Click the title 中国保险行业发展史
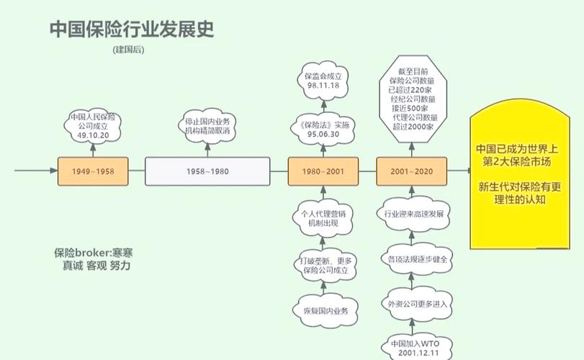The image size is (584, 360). (x=131, y=30)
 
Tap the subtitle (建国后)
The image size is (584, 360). (x=130, y=50)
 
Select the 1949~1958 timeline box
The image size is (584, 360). (x=93, y=171)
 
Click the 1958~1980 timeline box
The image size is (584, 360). (x=207, y=171)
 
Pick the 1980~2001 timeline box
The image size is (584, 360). (x=323, y=171)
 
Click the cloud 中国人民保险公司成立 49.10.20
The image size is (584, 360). (x=93, y=126)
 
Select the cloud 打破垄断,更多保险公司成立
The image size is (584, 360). (x=323, y=265)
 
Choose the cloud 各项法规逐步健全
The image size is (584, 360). (x=413, y=258)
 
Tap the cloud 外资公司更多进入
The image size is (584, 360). (x=413, y=303)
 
